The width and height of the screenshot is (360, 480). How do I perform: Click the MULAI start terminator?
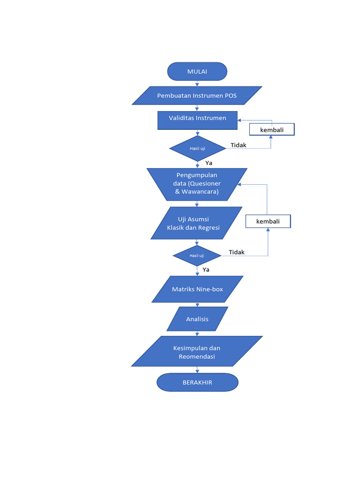pos(197,71)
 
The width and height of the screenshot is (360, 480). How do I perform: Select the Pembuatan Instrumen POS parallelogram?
pos(197,96)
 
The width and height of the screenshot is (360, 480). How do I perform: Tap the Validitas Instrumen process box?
pos(197,120)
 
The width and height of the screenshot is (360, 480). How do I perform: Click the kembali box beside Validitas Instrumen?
pos(272,129)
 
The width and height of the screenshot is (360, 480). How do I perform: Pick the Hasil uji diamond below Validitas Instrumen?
pos(197,149)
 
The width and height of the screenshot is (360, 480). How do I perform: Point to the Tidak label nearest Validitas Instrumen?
pos(238,145)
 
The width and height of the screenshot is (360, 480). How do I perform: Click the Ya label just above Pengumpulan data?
pos(209,163)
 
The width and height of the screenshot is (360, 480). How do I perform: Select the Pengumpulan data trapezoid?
pos(197,184)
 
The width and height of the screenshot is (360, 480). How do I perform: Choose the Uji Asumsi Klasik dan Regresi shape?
pos(197,224)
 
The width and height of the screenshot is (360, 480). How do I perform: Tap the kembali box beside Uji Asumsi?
pos(268,221)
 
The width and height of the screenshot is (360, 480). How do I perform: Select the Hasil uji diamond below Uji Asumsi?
pos(197,256)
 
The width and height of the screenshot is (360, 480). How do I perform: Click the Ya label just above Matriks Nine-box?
pos(206,270)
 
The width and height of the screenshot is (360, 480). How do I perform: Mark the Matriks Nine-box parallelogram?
pos(197,289)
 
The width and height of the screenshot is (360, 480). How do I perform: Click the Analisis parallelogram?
pos(197,319)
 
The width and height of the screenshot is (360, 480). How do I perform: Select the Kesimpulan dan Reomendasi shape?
pos(197,352)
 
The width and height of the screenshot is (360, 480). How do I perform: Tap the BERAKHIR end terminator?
pos(197,382)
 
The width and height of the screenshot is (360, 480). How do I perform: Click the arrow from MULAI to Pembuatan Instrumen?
pos(197,83)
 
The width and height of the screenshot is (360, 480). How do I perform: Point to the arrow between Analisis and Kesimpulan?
pos(197,333)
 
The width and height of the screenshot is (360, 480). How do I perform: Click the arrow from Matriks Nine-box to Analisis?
pos(197,304)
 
